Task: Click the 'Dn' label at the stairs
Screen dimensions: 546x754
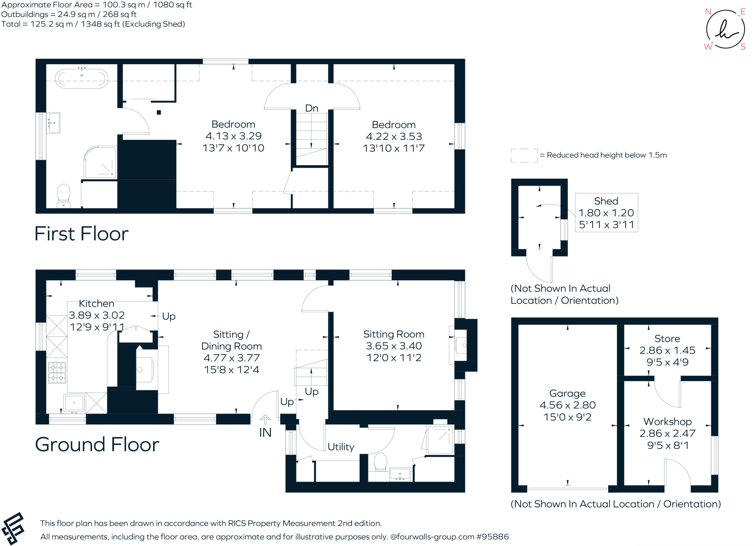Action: coord(311,108)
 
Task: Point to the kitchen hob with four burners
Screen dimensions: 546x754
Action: coord(57,372)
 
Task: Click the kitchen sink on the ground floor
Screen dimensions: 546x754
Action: coord(74,402)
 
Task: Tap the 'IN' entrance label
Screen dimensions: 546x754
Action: coord(265,433)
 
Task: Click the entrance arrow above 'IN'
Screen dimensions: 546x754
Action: coord(265,419)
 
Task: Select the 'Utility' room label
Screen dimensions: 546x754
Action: coord(341,447)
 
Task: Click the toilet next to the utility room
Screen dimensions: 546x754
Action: coord(380,462)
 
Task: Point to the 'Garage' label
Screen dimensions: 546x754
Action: coord(567,393)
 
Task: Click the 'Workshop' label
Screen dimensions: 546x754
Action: coord(667,421)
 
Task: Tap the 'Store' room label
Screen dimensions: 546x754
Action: coord(667,338)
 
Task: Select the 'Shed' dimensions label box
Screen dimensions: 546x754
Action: coord(606,213)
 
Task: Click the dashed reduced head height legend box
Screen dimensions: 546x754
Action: coord(524,155)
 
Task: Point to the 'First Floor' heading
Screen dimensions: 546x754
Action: coord(81,233)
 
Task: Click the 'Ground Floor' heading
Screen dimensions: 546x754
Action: coord(97,444)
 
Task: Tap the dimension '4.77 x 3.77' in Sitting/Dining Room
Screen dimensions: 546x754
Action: coord(232,357)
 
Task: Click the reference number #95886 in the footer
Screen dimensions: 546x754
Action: coord(492,536)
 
